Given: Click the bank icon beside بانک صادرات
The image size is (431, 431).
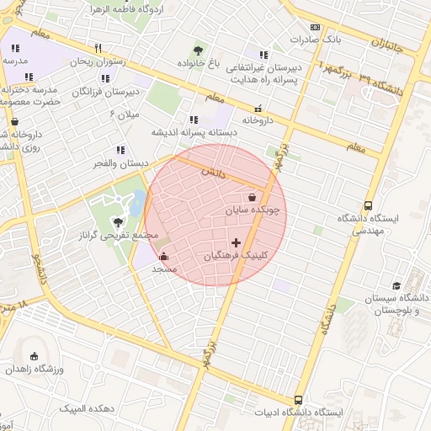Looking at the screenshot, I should (315, 27).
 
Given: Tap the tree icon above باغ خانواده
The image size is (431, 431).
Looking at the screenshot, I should (198, 51).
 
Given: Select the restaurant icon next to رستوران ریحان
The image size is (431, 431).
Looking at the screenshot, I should (98, 48).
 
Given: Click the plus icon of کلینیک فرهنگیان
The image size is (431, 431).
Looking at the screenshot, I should (235, 242).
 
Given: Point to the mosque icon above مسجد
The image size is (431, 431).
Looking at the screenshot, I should (162, 257).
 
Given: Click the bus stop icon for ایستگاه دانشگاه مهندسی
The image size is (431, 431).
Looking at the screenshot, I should (368, 205).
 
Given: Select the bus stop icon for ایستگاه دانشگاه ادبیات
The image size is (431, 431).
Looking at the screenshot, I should (298, 400).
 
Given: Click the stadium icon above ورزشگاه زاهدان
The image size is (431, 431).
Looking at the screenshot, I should (34, 356).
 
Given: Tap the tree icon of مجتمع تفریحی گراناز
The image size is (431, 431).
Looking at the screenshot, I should (118, 222).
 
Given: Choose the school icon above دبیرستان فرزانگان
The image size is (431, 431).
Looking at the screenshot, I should (102, 77).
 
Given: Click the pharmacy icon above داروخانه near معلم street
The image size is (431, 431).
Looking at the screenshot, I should (258, 108).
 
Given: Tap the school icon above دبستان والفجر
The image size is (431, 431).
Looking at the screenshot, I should (120, 150).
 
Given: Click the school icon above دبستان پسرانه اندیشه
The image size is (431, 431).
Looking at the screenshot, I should (194, 120).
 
